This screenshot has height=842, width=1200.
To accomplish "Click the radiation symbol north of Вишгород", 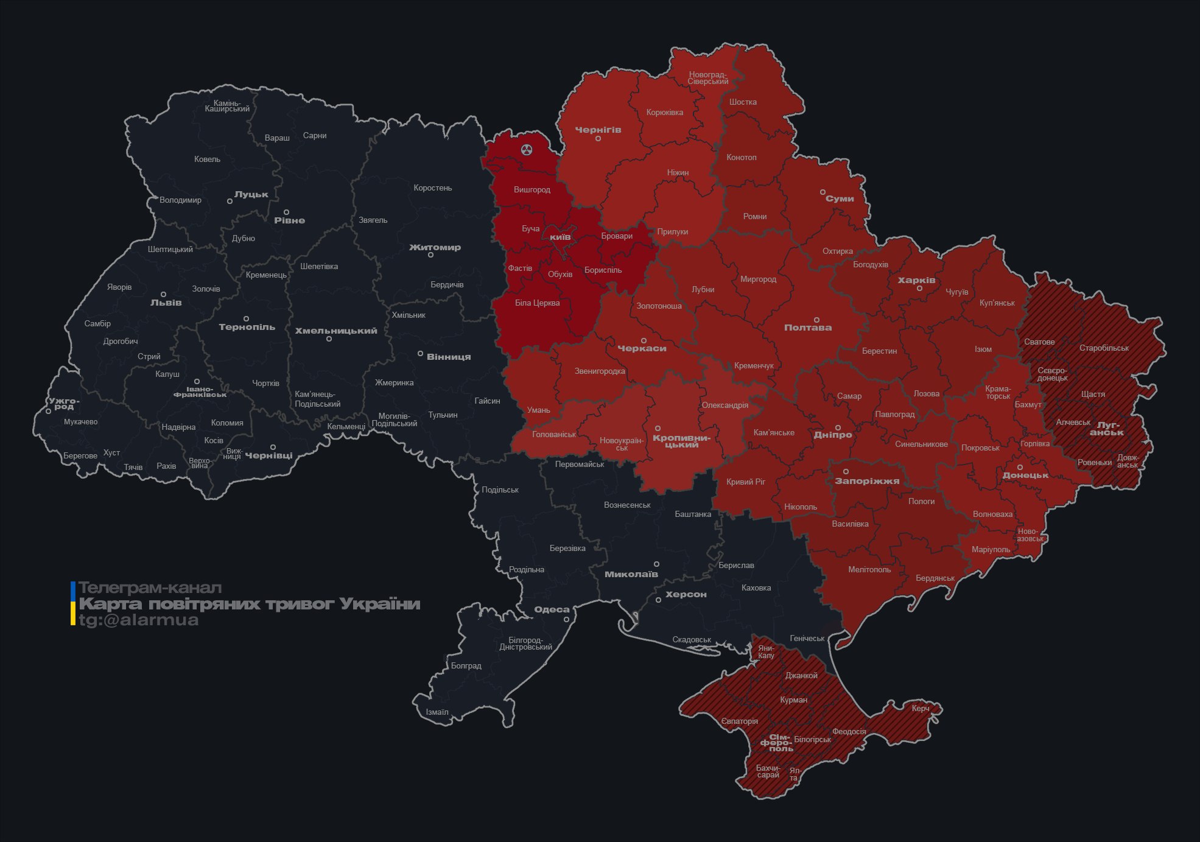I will tap(527, 149).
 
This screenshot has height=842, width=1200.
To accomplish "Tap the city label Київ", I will tap(560, 236).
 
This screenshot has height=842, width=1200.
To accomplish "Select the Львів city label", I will tap(166, 303).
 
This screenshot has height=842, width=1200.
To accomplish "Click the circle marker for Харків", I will tap(919, 289).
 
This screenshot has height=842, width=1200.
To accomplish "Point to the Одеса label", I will tap(552, 609).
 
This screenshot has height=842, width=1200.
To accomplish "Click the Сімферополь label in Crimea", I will tap(777, 743).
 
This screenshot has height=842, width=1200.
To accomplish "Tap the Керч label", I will tap(921, 708).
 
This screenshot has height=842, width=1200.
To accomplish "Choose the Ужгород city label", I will tap(64, 404).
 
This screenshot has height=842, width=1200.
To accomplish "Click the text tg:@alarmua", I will tap(139, 620).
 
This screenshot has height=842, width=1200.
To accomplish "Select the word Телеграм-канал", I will tap(150, 588).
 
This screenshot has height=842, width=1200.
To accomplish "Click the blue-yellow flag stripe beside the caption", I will tap(73, 603).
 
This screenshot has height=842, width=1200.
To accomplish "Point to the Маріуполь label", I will tap(991, 550).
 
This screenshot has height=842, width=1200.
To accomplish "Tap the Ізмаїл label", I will tap(437, 712).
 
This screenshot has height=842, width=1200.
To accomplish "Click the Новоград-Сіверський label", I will tap(708, 78).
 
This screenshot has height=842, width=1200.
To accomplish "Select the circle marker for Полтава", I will tap(816, 320).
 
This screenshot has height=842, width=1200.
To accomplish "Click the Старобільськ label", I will tap(1104, 348).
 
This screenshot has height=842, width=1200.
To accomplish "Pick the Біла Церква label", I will tap(537, 303).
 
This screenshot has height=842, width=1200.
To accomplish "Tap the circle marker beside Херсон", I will tap(658, 600).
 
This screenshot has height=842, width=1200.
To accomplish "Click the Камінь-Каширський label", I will tap(227, 106).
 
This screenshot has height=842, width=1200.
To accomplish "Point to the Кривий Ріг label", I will tap(746, 482).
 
